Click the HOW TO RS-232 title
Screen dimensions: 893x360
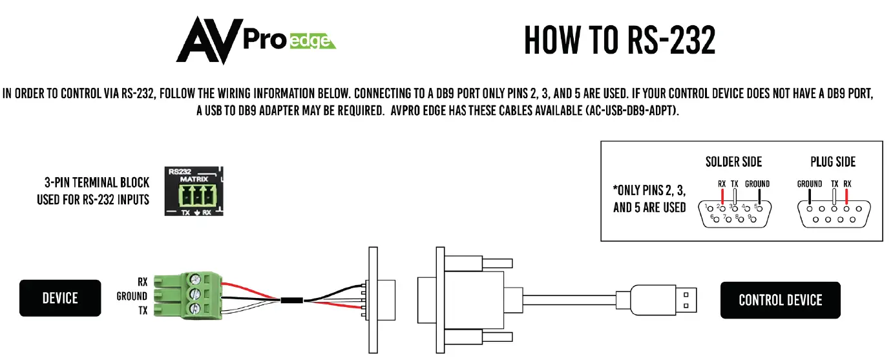pyautogui.click(x=620, y=40)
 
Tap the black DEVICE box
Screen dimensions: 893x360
pyautogui.click(x=60, y=298)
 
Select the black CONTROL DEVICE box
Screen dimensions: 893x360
pyautogui.click(x=780, y=300)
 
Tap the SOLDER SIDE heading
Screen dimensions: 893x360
pyautogui.click(x=733, y=162)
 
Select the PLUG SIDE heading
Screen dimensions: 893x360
pyautogui.click(x=833, y=162)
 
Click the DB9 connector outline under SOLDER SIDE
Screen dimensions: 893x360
pyautogui.click(x=734, y=213)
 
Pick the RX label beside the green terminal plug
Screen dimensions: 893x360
pyautogui.click(x=142, y=282)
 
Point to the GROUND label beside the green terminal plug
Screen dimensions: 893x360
pyautogui.click(x=132, y=296)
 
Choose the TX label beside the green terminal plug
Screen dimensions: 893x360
pyautogui.click(x=142, y=311)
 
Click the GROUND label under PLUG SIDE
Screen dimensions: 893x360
pyautogui.click(x=809, y=184)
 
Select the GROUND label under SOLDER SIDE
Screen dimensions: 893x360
pyautogui.click(x=757, y=184)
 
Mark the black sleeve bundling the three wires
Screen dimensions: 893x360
pyautogui.click(x=293, y=300)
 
